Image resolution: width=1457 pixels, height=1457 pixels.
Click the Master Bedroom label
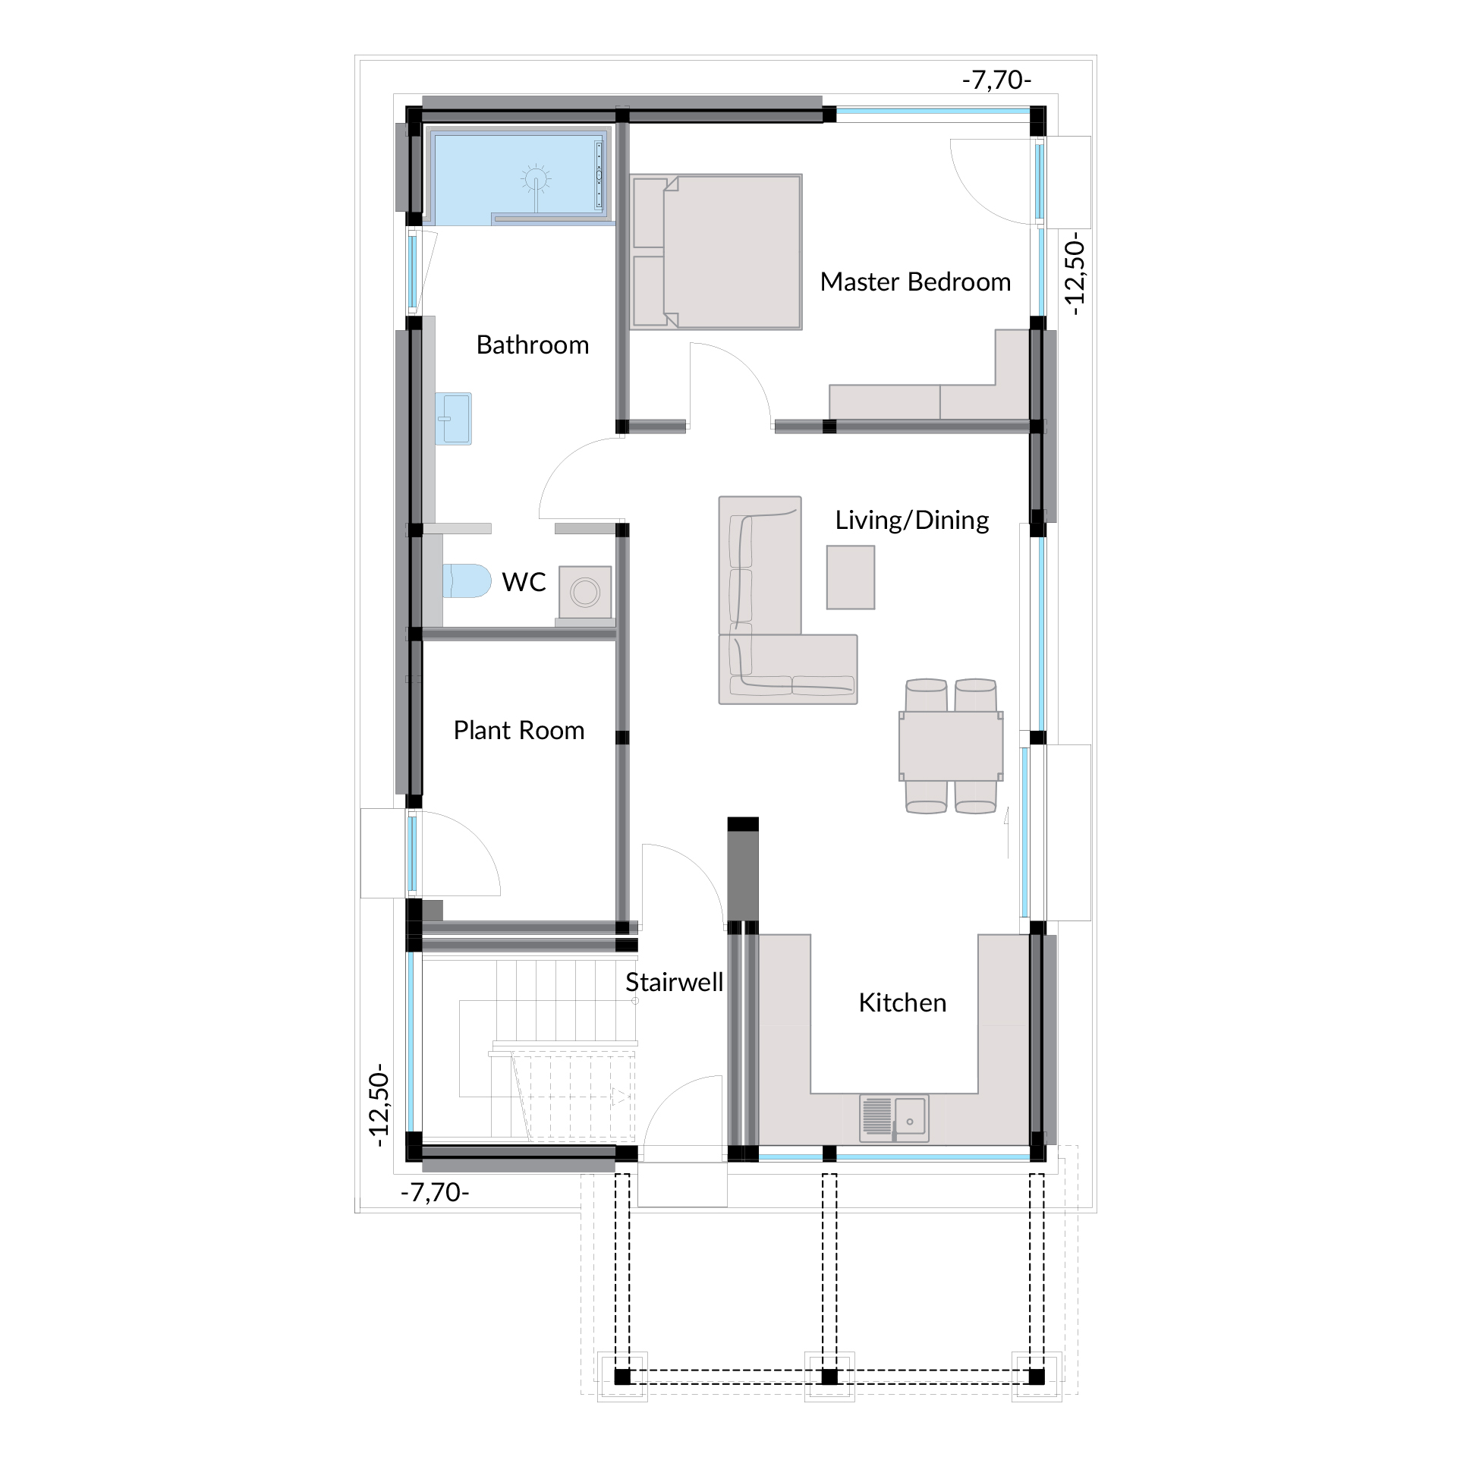click(x=915, y=282)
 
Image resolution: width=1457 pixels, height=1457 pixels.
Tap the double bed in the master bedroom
click(x=716, y=252)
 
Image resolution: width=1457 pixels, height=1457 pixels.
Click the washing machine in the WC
click(x=585, y=592)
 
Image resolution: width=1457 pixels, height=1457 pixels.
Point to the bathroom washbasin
click(x=453, y=418)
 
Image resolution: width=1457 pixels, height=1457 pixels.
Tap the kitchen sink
click(x=894, y=1119)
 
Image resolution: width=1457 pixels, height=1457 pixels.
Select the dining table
click(x=951, y=746)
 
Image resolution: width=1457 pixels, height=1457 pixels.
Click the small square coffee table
click(x=851, y=577)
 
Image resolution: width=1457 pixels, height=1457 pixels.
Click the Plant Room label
click(x=519, y=731)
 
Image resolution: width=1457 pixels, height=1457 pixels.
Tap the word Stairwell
click(x=674, y=983)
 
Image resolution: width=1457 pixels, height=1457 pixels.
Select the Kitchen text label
click(x=902, y=1003)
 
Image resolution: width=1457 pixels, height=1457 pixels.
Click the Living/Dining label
click(x=912, y=521)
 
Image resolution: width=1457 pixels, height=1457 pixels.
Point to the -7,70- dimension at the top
click(x=996, y=80)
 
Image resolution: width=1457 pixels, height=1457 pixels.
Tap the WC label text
click(x=524, y=582)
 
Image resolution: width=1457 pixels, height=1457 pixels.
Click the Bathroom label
click(x=533, y=345)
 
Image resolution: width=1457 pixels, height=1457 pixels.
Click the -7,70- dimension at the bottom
click(x=435, y=1193)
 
